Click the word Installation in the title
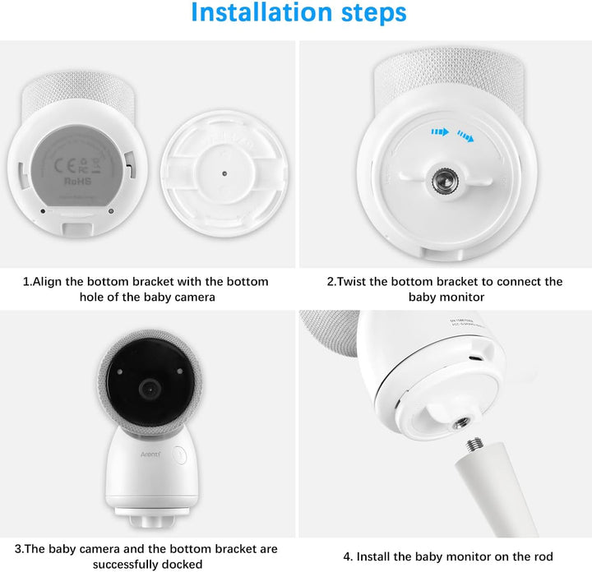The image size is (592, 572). [x=255, y=14]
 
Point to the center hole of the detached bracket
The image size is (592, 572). [x=224, y=173]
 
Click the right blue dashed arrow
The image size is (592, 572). [x=466, y=136]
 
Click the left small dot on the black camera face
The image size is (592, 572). [x=120, y=372]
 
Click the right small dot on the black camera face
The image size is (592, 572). [x=179, y=372]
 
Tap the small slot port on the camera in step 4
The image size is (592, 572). [x=474, y=358]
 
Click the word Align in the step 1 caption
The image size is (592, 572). [x=51, y=281]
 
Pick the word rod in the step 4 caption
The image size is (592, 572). [x=543, y=556]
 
